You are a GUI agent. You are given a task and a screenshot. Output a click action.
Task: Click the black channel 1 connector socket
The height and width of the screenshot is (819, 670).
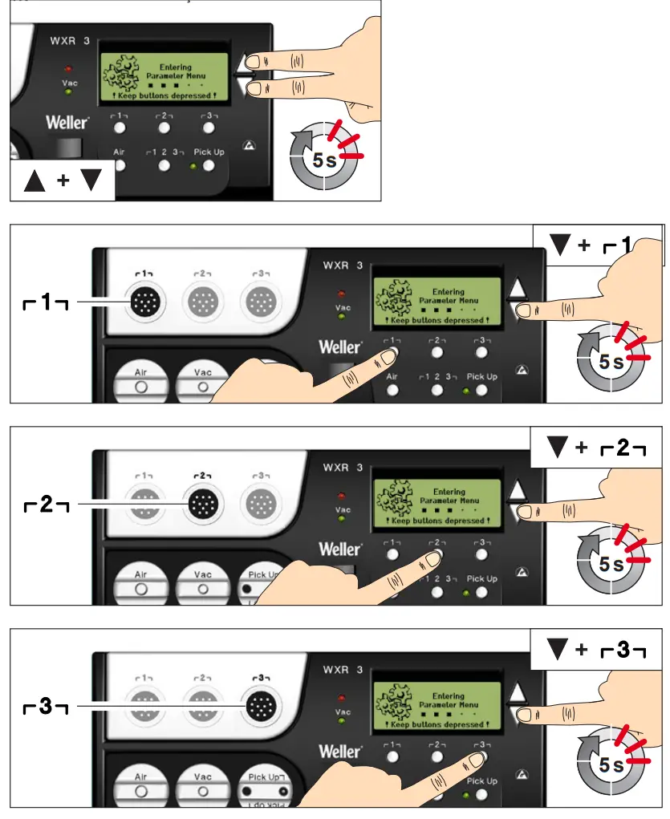tap(144, 302)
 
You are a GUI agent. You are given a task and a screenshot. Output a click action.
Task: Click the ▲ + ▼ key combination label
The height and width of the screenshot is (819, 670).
tap(63, 180)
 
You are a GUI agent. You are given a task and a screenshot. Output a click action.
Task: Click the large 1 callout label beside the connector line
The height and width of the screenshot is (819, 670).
tap(45, 302)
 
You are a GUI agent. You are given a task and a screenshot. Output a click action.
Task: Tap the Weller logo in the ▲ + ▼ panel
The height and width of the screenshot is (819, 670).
tap(67, 124)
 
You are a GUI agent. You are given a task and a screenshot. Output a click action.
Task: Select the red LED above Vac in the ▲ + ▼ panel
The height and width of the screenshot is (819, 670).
tap(69, 68)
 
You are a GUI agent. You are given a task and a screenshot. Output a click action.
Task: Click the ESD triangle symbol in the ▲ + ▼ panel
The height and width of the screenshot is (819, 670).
tap(246, 151)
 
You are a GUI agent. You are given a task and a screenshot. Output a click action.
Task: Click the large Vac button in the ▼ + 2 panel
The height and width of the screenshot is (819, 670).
tap(202, 582)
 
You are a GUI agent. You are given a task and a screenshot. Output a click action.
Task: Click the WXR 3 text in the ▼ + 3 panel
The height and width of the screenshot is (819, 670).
tap(343, 670)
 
